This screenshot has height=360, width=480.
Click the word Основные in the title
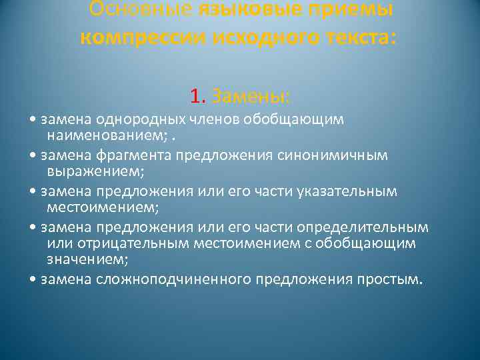pyautogui.click(x=141, y=9)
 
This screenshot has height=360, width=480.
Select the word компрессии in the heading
pyautogui.click(x=141, y=37)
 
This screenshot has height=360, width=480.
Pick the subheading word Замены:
pyautogui.click(x=250, y=97)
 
